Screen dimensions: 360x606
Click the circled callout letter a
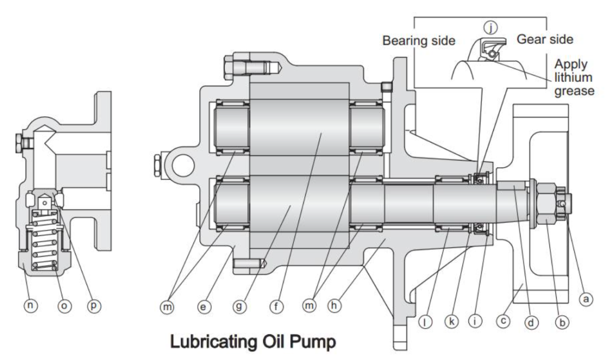(586, 300)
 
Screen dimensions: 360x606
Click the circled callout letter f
(277, 307)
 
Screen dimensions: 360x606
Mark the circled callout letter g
(241, 307)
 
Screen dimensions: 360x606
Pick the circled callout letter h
(337, 307)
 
